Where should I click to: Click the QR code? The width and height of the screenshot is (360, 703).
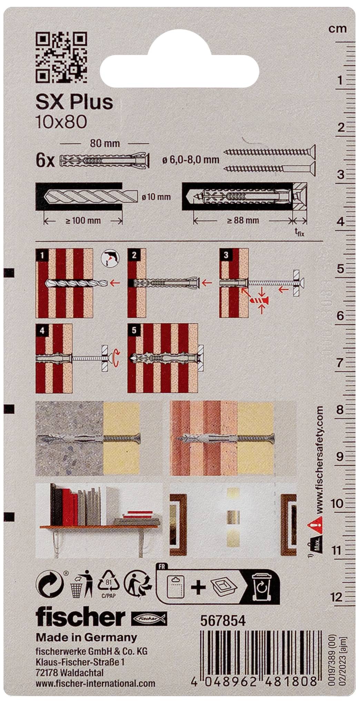point(61,57)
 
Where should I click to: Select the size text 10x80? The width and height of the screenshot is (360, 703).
point(61,122)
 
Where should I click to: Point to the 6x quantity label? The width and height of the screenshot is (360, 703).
point(45,161)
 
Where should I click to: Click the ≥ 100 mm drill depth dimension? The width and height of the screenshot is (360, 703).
point(83,220)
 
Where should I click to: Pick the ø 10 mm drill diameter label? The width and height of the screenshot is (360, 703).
point(156,197)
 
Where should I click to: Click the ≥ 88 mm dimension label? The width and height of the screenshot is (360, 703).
point(243,220)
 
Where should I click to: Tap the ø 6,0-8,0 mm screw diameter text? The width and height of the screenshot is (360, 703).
point(191,160)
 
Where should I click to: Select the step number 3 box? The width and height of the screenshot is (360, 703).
point(226,255)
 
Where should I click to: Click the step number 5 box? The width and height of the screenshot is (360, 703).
point(134,330)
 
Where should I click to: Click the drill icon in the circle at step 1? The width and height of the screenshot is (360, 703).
point(110,258)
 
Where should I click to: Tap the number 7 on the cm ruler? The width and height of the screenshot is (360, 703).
point(340,363)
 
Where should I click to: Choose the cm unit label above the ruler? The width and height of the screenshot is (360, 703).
point(337,28)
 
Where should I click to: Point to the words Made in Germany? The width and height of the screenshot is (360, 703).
point(87,637)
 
